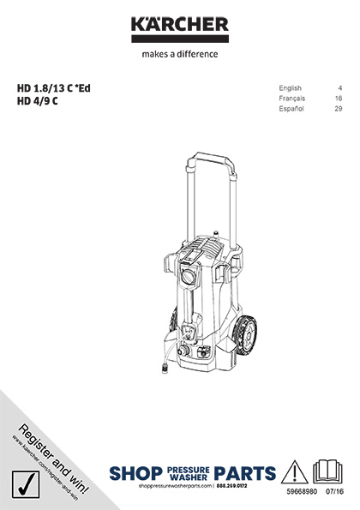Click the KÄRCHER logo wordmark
(180, 25)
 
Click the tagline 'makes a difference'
(180, 53)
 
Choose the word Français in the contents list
(294, 99)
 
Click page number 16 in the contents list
(339, 99)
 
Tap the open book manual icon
(329, 472)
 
